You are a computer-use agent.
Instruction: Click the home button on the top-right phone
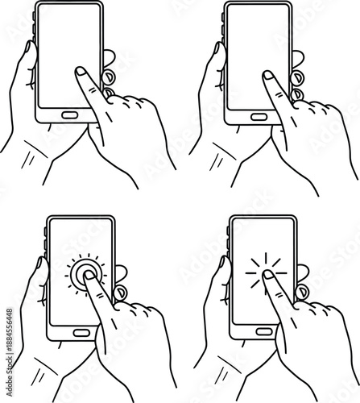tap(259, 116)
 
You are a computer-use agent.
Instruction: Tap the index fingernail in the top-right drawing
tap(268, 77)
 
